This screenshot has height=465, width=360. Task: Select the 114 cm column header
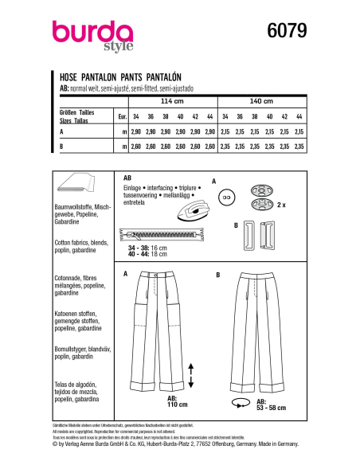pos(171,102)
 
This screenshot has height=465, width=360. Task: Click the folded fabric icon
pos(78,184)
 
